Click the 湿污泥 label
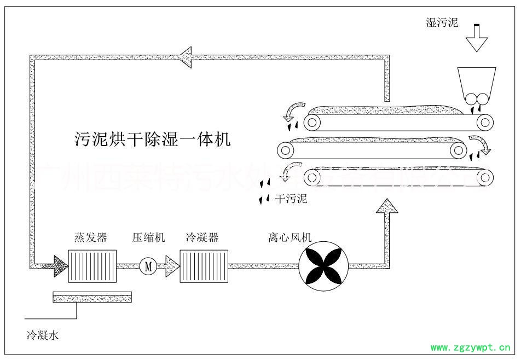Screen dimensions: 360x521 pyautogui.click(x=442, y=22)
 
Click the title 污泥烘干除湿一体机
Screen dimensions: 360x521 pyautogui.click(x=153, y=139)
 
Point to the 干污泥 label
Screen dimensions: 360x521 pyautogui.click(x=293, y=199)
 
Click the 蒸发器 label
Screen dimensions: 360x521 pyautogui.click(x=90, y=237)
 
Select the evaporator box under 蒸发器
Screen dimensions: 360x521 pyautogui.click(x=92, y=266)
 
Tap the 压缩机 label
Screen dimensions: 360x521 pyautogui.click(x=148, y=237)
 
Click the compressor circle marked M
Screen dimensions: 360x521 pyautogui.click(x=148, y=266)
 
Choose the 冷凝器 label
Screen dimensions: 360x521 pyautogui.click(x=202, y=237)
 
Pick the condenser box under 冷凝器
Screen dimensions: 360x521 pyautogui.click(x=204, y=266)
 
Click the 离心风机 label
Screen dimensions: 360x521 pyautogui.click(x=290, y=237)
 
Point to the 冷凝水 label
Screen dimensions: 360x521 pyautogui.click(x=42, y=335)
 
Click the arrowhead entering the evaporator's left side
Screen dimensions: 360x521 pyautogui.click(x=60, y=266)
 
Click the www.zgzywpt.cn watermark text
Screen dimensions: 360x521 pyautogui.click(x=472, y=347)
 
